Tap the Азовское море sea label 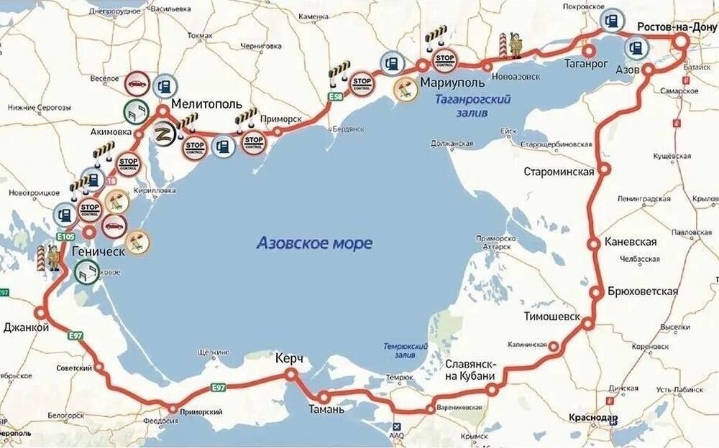click(x=314, y=243)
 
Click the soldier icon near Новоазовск click(x=513, y=44)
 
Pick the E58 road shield click(x=334, y=96)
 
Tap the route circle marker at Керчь click(x=291, y=375)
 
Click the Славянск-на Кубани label click(x=470, y=370)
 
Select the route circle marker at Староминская click(x=605, y=170)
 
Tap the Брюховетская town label click(x=643, y=291)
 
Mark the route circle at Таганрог click(x=589, y=51)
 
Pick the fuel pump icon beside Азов click(x=635, y=47)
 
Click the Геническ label click(x=99, y=253)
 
